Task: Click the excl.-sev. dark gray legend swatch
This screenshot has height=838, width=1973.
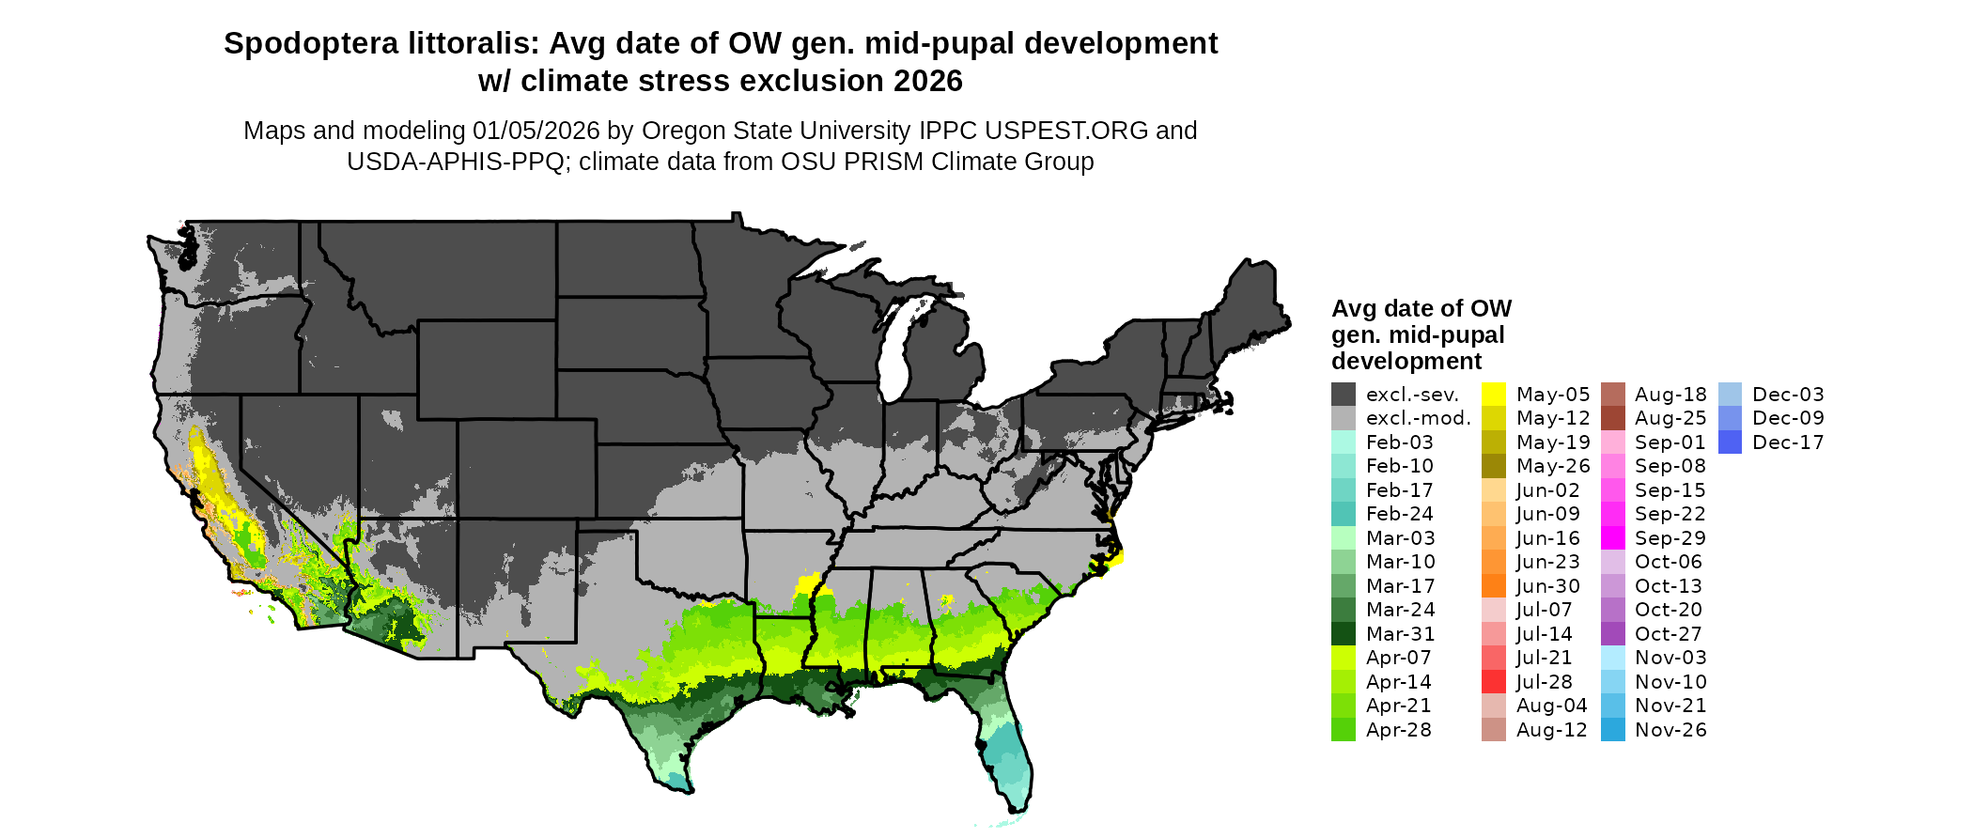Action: click(x=1343, y=395)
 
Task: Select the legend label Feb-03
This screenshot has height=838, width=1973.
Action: click(x=1399, y=442)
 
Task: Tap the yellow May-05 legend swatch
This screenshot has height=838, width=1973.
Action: click(x=1494, y=395)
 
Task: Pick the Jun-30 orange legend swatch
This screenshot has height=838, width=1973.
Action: click(x=1494, y=586)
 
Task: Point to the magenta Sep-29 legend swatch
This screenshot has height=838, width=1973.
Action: click(x=1612, y=538)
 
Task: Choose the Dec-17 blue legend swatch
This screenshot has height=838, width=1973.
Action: click(x=1730, y=442)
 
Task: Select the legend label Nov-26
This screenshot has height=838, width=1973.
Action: click(x=1670, y=730)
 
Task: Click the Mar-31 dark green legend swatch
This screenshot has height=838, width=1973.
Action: click(x=1343, y=634)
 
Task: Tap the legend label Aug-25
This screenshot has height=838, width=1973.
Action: click(x=1670, y=418)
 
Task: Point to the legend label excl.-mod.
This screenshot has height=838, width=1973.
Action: click(x=1418, y=418)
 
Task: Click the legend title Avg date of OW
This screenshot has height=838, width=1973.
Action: click(x=1421, y=309)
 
